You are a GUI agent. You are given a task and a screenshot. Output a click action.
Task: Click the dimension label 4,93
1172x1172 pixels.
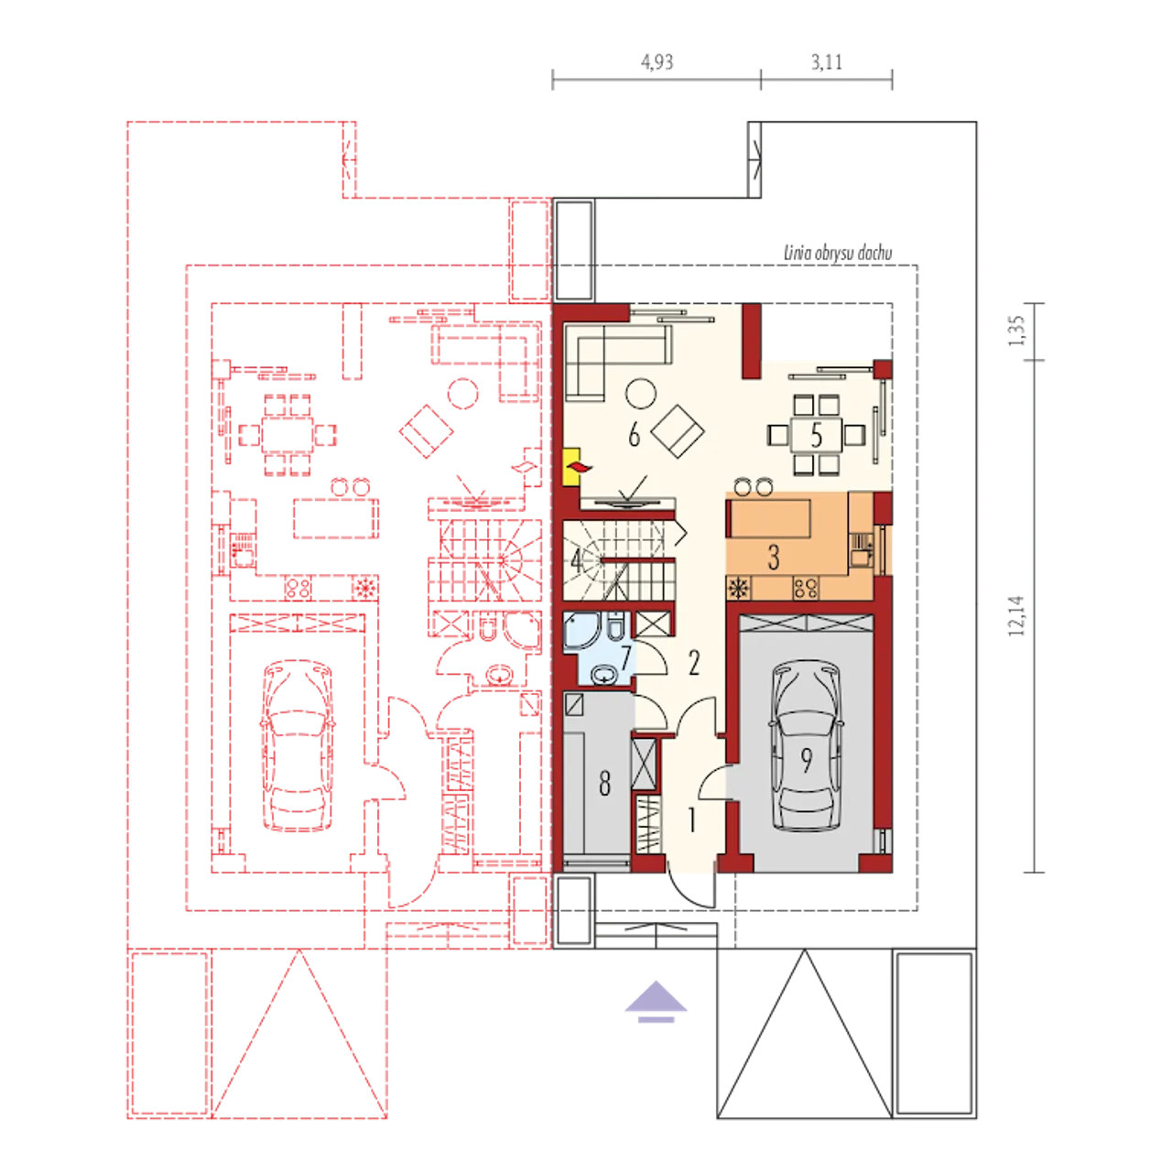click(x=657, y=62)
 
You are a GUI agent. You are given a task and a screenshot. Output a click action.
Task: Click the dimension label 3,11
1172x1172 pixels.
click(x=827, y=62)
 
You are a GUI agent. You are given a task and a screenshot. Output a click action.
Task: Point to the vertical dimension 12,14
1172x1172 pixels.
click(x=1016, y=615)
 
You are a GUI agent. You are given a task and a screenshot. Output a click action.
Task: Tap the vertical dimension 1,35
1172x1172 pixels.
click(x=1016, y=331)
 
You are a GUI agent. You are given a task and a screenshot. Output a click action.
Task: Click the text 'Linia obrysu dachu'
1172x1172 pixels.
click(x=838, y=253)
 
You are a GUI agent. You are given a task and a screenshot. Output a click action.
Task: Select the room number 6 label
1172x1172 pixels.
click(x=634, y=435)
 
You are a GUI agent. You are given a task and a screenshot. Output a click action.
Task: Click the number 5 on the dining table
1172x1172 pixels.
click(x=817, y=435)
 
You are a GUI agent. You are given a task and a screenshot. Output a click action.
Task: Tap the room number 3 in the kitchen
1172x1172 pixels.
click(x=774, y=557)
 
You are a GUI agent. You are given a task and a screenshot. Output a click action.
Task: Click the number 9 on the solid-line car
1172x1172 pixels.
click(x=807, y=760)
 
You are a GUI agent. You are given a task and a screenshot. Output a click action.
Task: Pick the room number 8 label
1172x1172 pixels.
click(x=604, y=784)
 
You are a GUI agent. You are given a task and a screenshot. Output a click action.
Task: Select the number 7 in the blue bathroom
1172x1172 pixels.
click(x=626, y=657)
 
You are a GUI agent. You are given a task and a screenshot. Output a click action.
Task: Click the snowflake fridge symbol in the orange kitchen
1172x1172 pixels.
click(x=739, y=588)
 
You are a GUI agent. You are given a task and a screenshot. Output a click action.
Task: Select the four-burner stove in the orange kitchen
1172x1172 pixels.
click(x=806, y=588)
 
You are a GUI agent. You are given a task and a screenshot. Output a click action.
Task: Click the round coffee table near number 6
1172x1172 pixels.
click(x=641, y=394)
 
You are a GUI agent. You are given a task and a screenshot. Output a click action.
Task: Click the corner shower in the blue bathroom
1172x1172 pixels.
click(x=581, y=631)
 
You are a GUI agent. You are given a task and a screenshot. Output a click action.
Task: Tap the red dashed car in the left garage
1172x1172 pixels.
click(x=298, y=745)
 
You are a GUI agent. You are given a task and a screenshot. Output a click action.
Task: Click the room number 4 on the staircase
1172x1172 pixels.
click(x=575, y=562)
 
